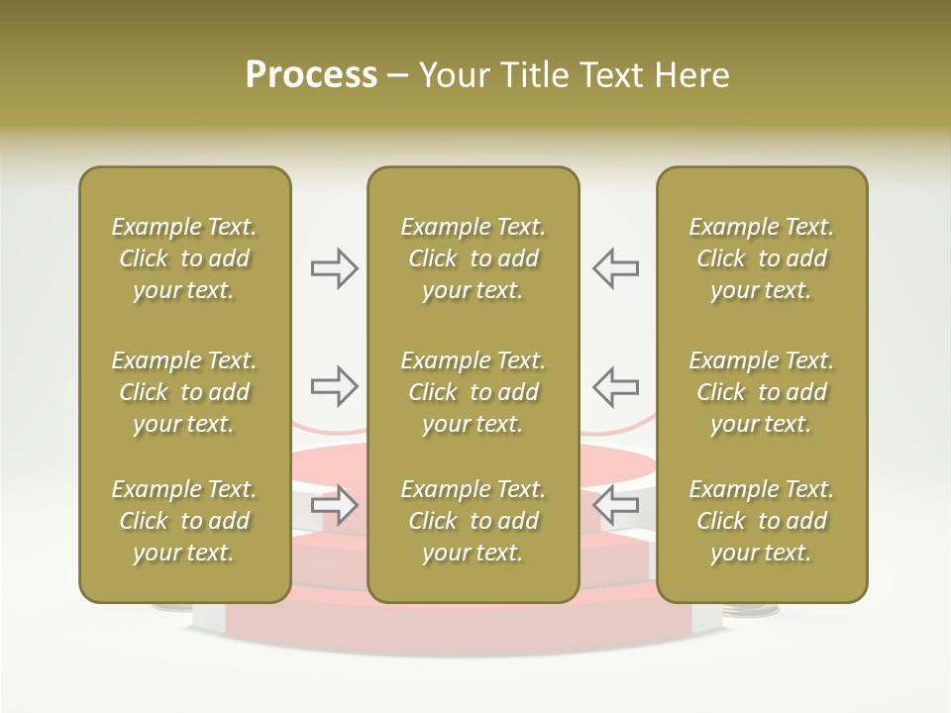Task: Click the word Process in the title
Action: coord(311,75)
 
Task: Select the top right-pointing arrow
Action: coord(335,268)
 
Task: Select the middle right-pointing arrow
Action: coord(335,386)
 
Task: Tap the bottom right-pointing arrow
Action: coord(335,505)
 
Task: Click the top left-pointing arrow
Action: coord(615,268)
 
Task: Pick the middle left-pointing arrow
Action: coord(615,386)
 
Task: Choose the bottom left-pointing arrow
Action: coord(615,505)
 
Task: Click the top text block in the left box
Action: coord(184,258)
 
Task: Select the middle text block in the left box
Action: coord(184,392)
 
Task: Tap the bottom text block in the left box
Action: coord(184,521)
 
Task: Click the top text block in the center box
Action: coord(473,258)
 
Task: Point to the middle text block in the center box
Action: coord(473,392)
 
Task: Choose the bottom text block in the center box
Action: coord(473,521)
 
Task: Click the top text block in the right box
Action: coord(761,258)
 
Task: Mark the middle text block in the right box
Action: coord(761,392)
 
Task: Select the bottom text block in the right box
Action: coord(761,521)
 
